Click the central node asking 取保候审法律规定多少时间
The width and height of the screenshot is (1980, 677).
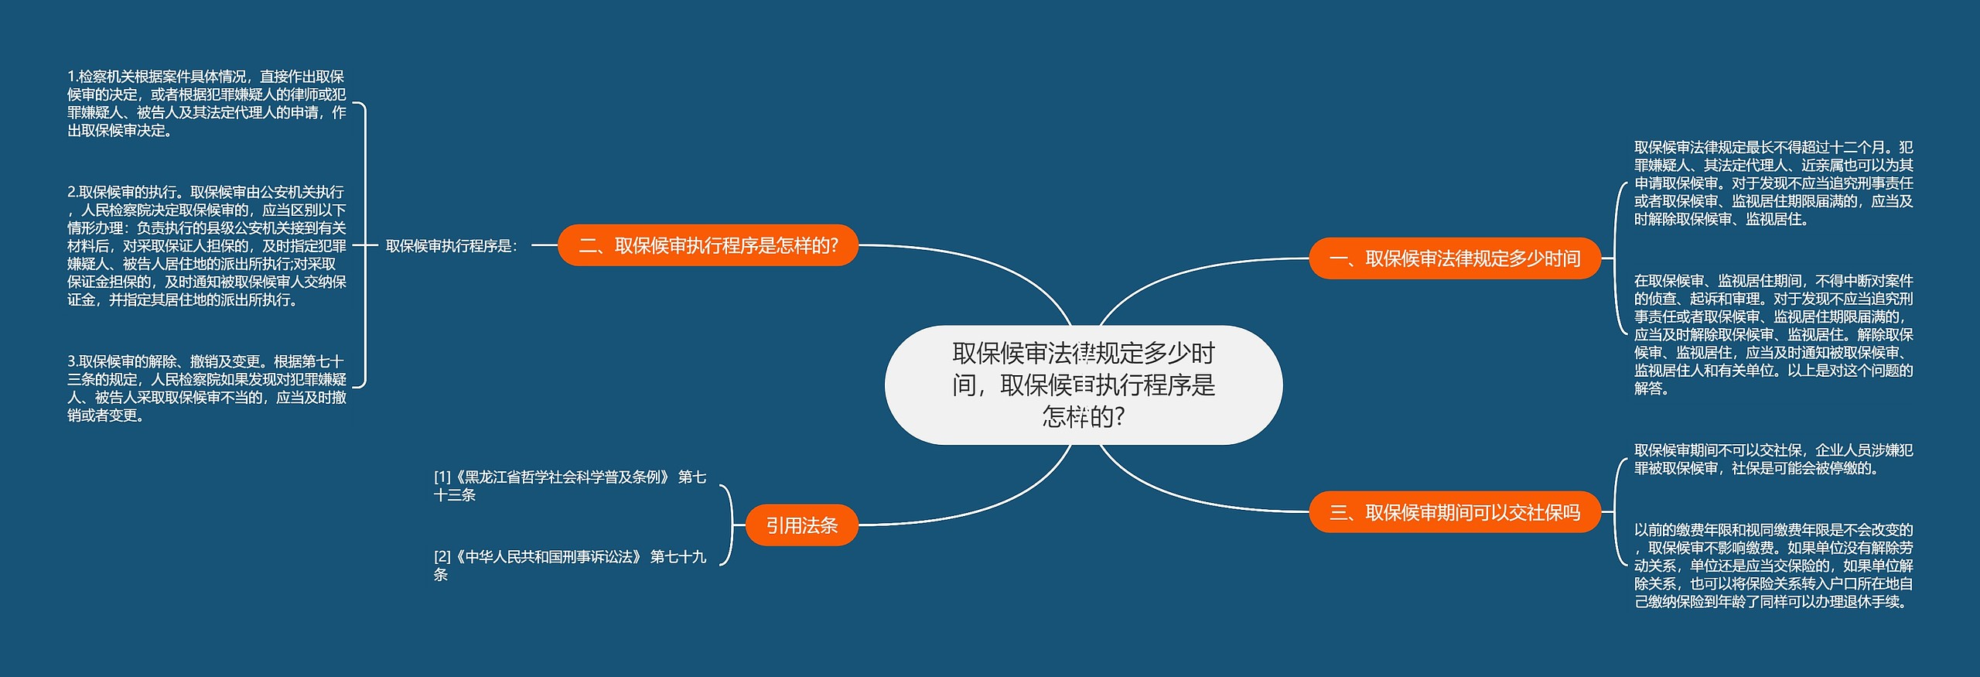pyautogui.click(x=1083, y=385)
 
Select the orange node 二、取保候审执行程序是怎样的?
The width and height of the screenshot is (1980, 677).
pyautogui.click(x=708, y=245)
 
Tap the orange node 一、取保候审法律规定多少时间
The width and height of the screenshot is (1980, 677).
pyautogui.click(x=1454, y=258)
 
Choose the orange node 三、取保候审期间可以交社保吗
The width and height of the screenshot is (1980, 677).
pyautogui.click(x=1454, y=511)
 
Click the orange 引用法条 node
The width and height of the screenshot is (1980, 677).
pyautogui.click(x=801, y=525)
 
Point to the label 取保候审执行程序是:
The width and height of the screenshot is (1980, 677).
pyautogui.click(x=452, y=246)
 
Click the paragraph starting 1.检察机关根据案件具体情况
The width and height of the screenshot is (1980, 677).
pyautogui.click(x=207, y=104)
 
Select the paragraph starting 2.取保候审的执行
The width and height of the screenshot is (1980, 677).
pyautogui.click(x=207, y=245)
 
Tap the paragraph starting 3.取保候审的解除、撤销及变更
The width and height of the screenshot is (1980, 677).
pyautogui.click(x=207, y=388)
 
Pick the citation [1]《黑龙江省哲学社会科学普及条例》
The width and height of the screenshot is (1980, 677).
pyautogui.click(x=569, y=486)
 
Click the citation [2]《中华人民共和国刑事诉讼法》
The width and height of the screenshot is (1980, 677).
pyautogui.click(x=569, y=566)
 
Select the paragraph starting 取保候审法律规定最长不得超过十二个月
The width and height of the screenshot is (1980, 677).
pyautogui.click(x=1773, y=183)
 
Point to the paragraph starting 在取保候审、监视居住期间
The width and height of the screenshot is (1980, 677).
pyautogui.click(x=1773, y=334)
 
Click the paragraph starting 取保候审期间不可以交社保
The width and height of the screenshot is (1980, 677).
pyautogui.click(x=1773, y=459)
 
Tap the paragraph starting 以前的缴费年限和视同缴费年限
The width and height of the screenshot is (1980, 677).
pyautogui.click(x=1773, y=566)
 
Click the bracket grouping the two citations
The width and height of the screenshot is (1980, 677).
pyautogui.click(x=730, y=525)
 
